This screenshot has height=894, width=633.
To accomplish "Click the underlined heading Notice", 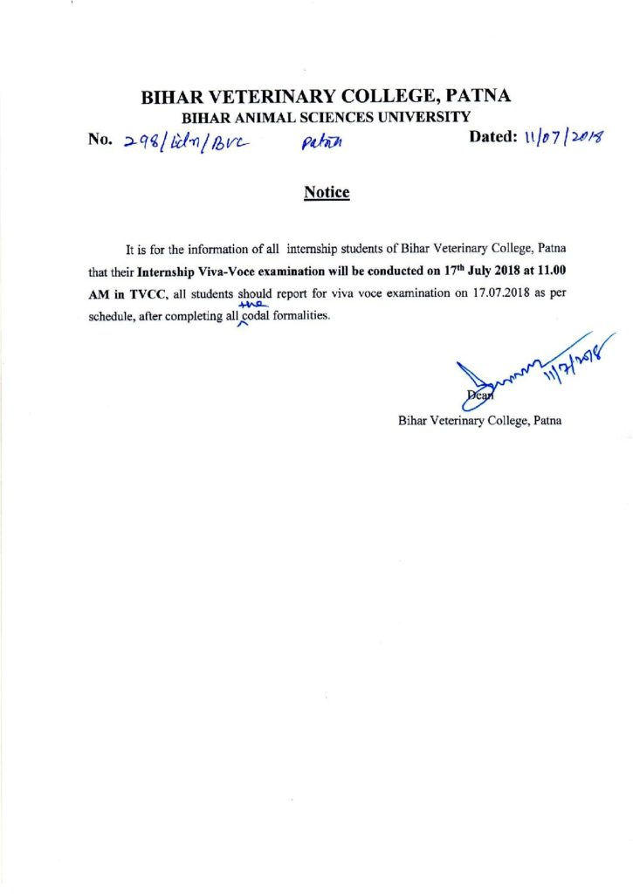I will pos(327,192).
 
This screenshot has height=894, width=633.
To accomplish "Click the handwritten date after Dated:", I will pos(567,138).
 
